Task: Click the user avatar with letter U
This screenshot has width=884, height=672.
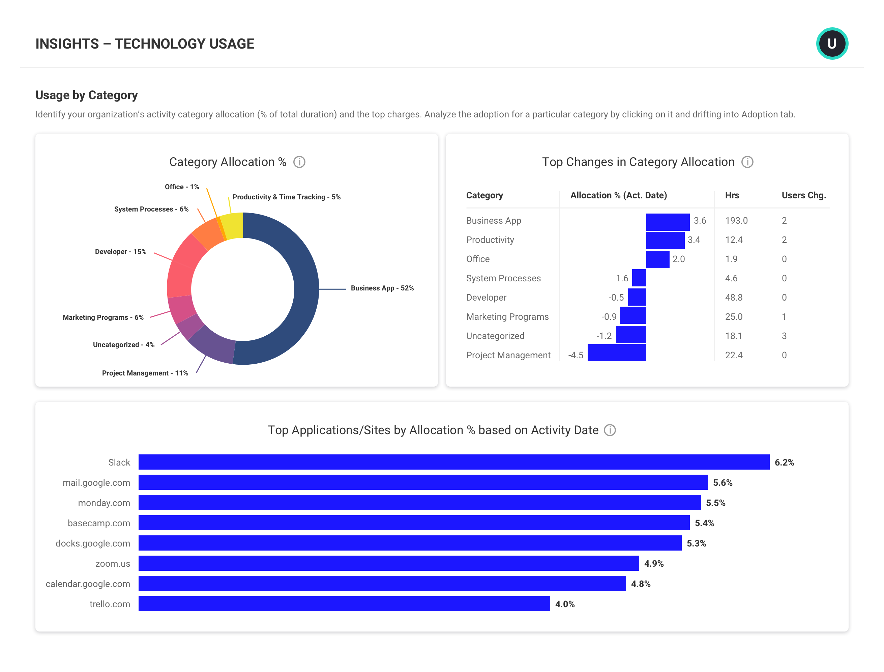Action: [x=832, y=43]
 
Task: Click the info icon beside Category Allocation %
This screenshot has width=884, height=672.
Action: [x=299, y=162]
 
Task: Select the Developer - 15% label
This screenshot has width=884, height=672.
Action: [x=120, y=252]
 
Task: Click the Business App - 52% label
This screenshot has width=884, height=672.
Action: [x=382, y=288]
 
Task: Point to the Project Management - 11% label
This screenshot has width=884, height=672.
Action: [x=145, y=373]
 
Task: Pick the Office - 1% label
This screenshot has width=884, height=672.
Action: [x=181, y=187]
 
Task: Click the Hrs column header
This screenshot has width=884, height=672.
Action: [x=732, y=195]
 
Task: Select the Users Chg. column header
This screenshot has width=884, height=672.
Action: [x=803, y=195]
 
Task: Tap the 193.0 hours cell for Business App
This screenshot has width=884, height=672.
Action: [x=736, y=220]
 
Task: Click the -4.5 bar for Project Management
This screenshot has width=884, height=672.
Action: [x=617, y=353]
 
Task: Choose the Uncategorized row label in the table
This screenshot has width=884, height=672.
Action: [x=495, y=336]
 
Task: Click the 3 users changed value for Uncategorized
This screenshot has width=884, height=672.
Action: [x=784, y=336]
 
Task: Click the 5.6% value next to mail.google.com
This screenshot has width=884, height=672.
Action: [x=723, y=482]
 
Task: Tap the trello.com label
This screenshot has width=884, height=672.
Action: [x=110, y=604]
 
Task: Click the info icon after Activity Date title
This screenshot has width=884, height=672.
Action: [x=609, y=430]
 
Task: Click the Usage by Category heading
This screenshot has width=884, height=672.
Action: [x=86, y=95]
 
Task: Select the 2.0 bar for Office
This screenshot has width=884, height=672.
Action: [x=657, y=259]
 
